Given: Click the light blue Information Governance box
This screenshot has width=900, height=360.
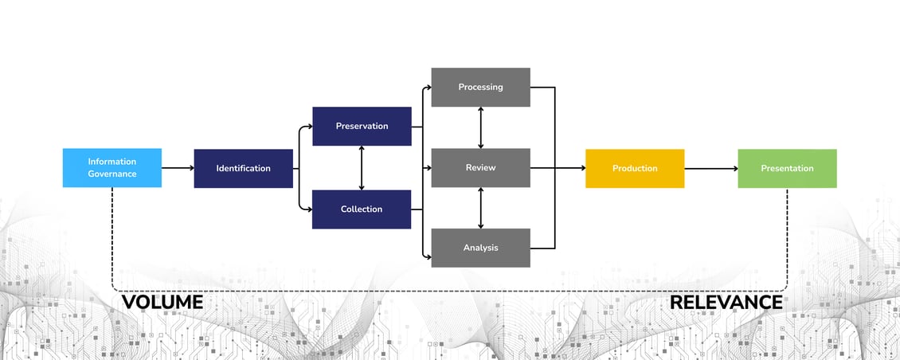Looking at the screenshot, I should [112, 167].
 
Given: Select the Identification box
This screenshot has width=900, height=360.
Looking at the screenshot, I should [243, 168].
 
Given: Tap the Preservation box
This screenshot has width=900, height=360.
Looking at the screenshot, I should [362, 126].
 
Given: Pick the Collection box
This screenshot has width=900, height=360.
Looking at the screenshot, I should [362, 209].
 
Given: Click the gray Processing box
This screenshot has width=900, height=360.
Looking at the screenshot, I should [480, 87].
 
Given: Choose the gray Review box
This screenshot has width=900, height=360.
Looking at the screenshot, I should [480, 167].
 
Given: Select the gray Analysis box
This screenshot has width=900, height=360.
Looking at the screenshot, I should [480, 248].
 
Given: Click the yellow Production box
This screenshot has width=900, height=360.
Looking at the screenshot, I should [634, 168].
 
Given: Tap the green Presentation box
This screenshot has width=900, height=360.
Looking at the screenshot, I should [787, 168].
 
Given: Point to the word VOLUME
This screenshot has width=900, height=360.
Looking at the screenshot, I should [162, 303].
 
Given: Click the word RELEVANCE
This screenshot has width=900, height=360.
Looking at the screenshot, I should [726, 303].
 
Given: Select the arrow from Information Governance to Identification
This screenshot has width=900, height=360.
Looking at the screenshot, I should [178, 168].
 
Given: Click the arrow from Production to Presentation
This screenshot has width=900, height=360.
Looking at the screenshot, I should [710, 168].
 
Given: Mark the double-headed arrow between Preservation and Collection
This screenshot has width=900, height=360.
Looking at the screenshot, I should [362, 168].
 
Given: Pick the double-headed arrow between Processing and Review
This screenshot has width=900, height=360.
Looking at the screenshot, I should [480, 127].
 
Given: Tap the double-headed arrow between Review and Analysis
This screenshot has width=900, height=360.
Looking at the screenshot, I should [480, 208].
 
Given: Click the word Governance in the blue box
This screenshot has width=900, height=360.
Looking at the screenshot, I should [112, 174].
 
